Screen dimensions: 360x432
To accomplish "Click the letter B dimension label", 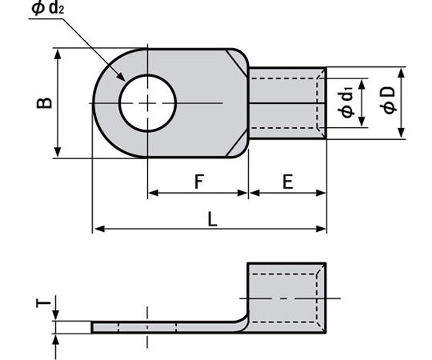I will point(46,102).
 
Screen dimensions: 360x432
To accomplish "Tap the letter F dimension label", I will point(198,182).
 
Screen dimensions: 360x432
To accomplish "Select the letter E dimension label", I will point(287,182).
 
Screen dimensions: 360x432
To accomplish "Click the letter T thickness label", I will point(46,304).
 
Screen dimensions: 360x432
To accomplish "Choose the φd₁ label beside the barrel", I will point(346,102).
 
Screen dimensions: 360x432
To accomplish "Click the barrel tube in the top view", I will point(286,102).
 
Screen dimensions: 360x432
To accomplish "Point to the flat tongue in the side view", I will point(160,327).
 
